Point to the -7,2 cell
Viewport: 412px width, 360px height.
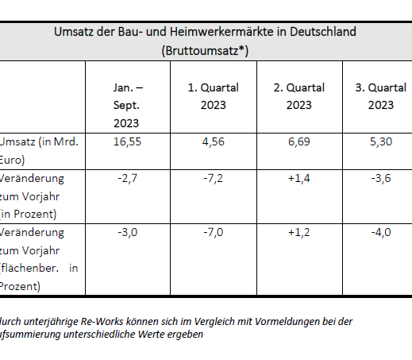(x=213, y=180)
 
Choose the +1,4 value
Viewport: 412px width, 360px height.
(x=298, y=180)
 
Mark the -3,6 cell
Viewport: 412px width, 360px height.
(x=381, y=180)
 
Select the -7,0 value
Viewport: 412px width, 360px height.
(x=213, y=234)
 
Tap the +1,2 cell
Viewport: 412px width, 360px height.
(x=298, y=234)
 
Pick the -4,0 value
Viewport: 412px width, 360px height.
(x=381, y=234)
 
